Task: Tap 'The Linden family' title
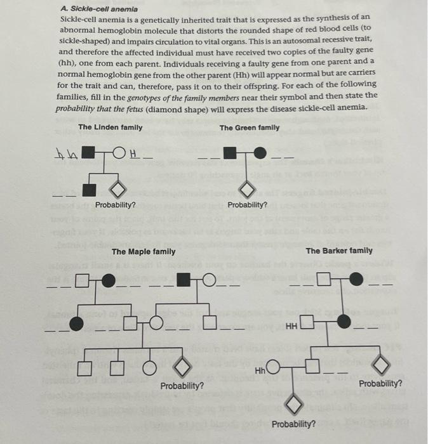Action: pyautogui.click(x=110, y=127)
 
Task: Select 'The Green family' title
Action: pyautogui.click(x=250, y=127)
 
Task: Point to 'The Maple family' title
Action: pyautogui.click(x=144, y=252)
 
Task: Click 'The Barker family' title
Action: pyautogui.click(x=339, y=251)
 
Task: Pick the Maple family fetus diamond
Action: pyautogui.click(x=182, y=366)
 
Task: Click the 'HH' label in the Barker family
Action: pyautogui.click(x=291, y=326)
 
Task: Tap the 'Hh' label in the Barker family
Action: pyautogui.click(x=260, y=370)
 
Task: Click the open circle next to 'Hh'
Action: pyautogui.click(x=273, y=367)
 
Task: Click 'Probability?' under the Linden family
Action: pyautogui.click(x=116, y=205)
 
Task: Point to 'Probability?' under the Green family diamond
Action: pyautogui.click(x=248, y=205)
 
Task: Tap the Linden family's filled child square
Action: pyautogui.click(x=91, y=188)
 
